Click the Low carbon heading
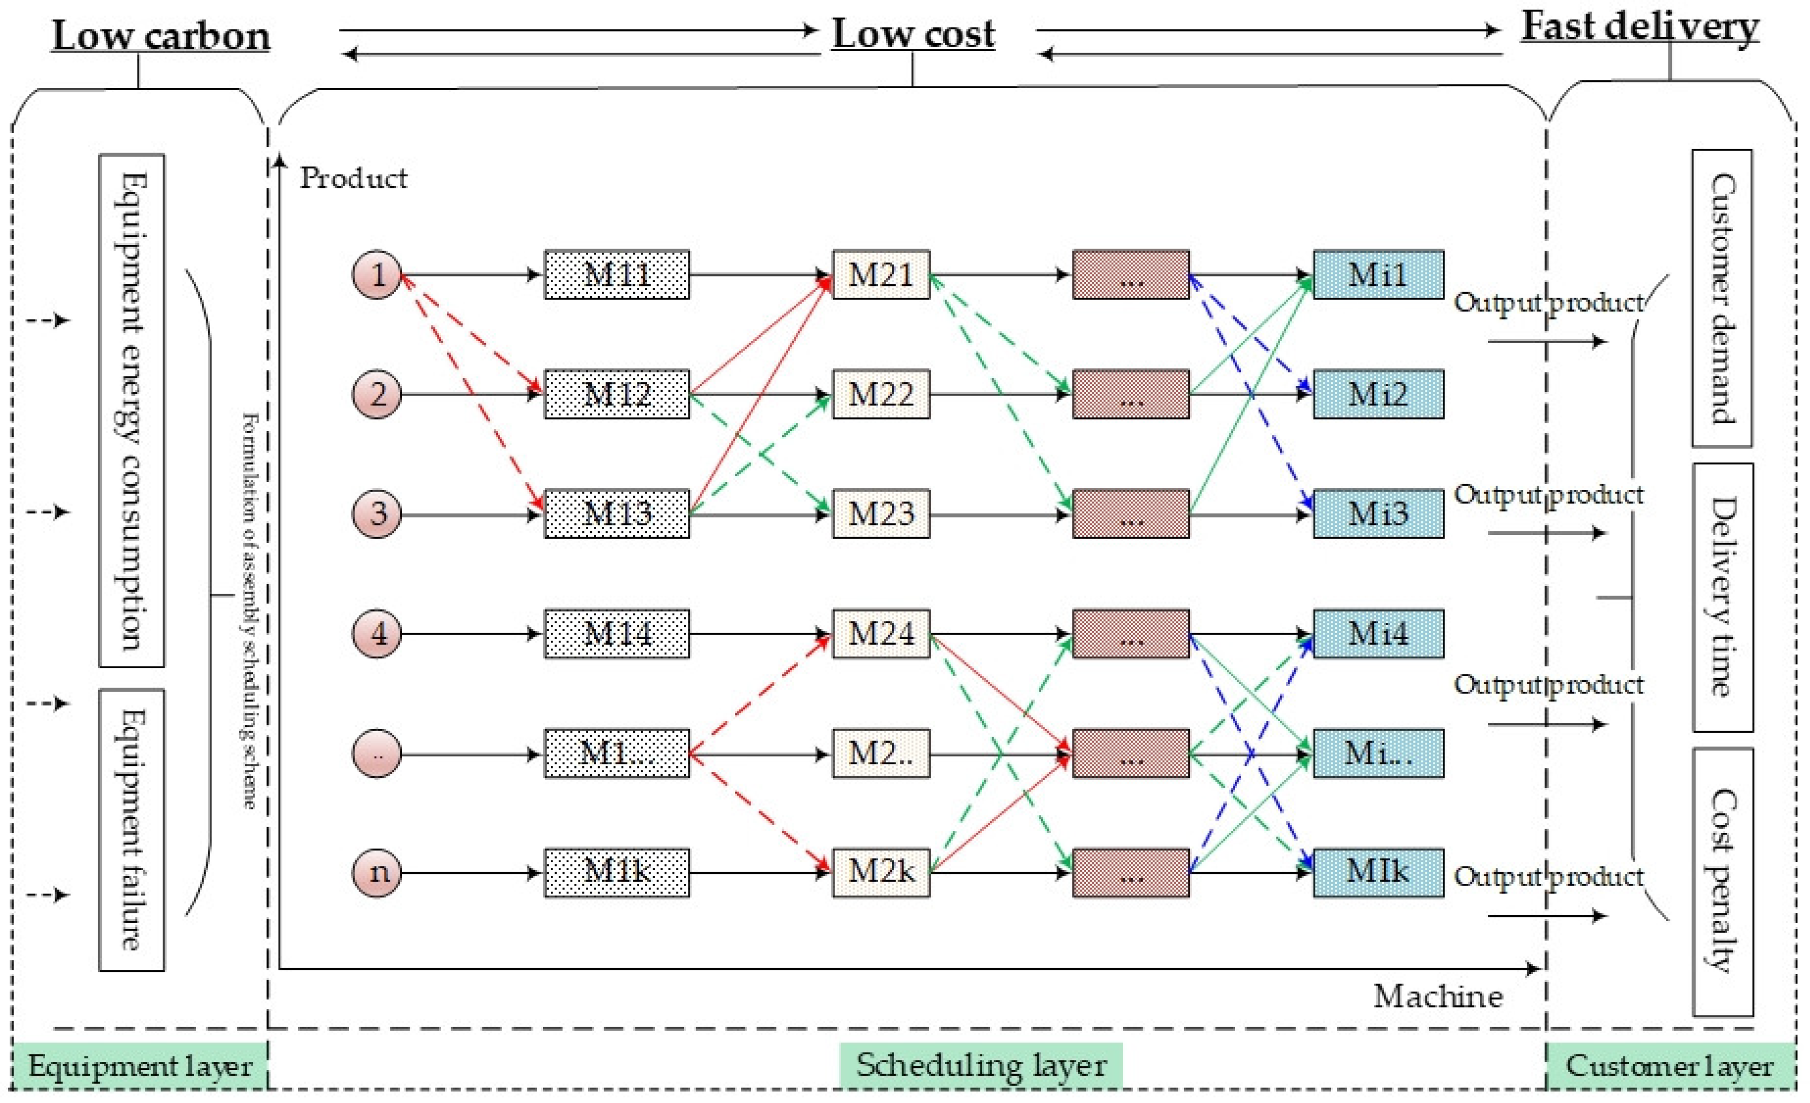click(161, 35)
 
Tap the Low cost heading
click(912, 34)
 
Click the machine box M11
click(616, 275)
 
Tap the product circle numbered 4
click(377, 633)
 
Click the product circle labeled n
click(377, 872)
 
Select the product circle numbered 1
click(377, 275)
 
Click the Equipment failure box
click(132, 829)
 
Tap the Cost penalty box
click(1722, 881)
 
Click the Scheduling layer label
click(980, 1065)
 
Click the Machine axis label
click(1438, 997)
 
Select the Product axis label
click(353, 178)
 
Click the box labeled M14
click(616, 633)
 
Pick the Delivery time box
click(1722, 596)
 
